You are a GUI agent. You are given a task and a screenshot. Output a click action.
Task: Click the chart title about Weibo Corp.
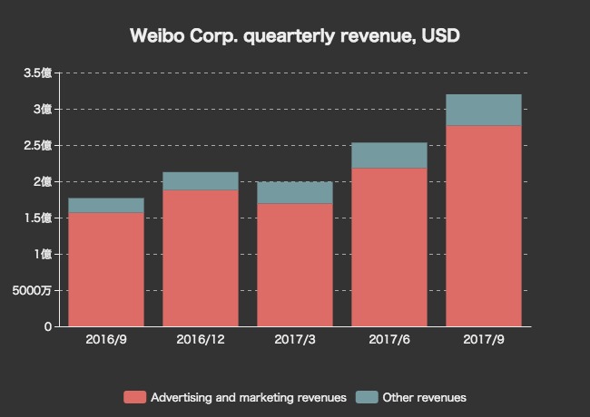coord(295,36)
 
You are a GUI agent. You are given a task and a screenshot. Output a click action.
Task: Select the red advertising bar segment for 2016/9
coord(106,269)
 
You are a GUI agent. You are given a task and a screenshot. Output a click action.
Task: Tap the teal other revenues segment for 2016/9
coord(106,205)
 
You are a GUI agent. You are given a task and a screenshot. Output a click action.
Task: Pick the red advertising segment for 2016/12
coord(201,258)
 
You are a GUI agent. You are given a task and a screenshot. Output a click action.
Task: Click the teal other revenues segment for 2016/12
coord(201,181)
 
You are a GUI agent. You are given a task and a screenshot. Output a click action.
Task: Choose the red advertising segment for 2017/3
coord(295,265)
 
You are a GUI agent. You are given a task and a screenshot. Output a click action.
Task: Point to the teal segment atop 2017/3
coord(295,192)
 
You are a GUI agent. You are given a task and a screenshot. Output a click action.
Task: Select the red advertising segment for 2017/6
coord(389,247)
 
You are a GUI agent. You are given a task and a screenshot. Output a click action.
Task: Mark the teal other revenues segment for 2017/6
coord(389,155)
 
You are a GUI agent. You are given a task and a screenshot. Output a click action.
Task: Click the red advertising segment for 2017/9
coord(484,226)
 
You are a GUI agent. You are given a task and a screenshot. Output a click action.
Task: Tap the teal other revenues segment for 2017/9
coord(484,110)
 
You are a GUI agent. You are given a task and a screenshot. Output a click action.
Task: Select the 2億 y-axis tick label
coord(42,181)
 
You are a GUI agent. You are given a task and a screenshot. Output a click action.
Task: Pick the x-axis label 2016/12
coord(201,340)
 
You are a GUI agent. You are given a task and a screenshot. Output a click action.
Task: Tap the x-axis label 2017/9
coord(484,340)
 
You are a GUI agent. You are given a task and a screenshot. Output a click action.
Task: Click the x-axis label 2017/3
coord(295,340)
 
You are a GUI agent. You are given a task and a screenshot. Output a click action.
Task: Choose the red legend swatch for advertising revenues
coord(134,397)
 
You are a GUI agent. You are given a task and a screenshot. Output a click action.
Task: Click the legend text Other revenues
coord(424,397)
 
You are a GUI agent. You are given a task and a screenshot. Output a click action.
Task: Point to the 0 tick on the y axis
coord(47,326)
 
